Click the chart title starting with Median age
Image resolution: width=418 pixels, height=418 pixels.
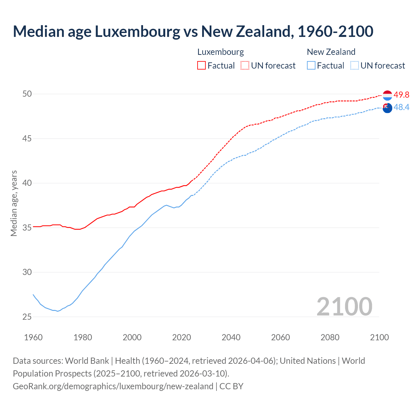(x=193, y=31)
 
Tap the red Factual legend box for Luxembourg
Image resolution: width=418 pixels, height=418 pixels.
(x=201, y=65)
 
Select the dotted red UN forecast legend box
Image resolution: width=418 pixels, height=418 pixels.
(x=245, y=65)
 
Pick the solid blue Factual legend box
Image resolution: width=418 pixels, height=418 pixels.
(x=311, y=65)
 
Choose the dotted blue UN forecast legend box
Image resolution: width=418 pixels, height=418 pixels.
(x=354, y=65)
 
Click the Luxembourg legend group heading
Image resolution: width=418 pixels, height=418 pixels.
(x=220, y=52)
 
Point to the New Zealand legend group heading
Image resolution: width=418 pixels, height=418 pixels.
(x=331, y=52)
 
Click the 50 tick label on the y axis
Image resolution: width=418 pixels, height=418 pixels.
(x=27, y=94)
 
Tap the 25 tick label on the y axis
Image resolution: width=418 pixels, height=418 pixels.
(x=27, y=317)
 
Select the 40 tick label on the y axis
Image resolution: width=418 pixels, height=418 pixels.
(x=27, y=183)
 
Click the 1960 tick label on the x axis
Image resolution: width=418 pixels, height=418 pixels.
(x=33, y=337)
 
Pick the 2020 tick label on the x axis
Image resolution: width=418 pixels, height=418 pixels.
(x=182, y=337)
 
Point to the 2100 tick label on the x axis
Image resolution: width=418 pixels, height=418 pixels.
(x=379, y=337)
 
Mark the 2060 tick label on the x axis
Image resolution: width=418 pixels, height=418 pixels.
(x=281, y=337)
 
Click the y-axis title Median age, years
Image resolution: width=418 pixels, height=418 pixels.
(x=14, y=203)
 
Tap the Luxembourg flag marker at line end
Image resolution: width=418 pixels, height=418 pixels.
(x=387, y=95)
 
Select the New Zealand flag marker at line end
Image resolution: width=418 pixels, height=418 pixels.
(x=387, y=108)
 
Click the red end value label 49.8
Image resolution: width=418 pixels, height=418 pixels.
(x=401, y=95)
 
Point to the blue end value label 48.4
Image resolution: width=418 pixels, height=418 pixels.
(x=401, y=107)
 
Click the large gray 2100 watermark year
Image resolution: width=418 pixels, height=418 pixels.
(x=344, y=306)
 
